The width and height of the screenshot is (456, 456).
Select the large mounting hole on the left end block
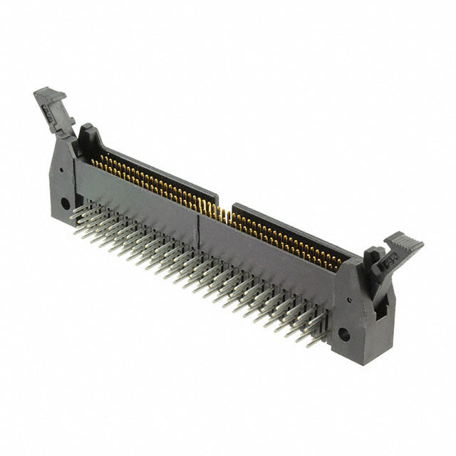point(66,203)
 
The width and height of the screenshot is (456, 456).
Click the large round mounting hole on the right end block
point(344,333)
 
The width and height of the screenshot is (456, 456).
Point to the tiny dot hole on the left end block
point(62,170)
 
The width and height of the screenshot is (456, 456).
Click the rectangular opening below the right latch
point(382,307)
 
